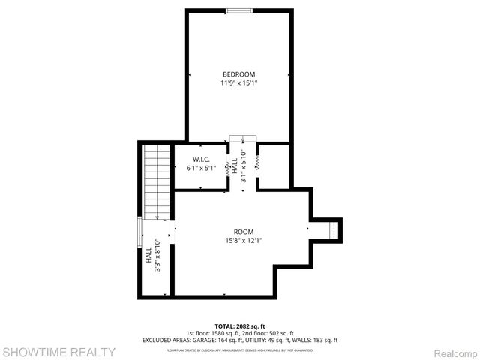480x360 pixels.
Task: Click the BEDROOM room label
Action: click(x=238, y=73)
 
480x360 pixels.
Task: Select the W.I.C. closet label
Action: click(x=201, y=159)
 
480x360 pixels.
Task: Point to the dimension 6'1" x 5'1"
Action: click(x=201, y=168)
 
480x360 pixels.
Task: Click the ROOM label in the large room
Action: click(x=243, y=232)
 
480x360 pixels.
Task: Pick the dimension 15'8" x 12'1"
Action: click(x=243, y=241)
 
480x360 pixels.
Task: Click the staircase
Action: click(x=157, y=181)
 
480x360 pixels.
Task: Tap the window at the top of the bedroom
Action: click(x=239, y=10)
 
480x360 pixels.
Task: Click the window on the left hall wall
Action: click(x=139, y=232)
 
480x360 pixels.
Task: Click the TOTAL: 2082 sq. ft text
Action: click(x=239, y=325)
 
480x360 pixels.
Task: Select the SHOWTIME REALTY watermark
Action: click(x=58, y=351)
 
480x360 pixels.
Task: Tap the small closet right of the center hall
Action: click(x=274, y=165)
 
